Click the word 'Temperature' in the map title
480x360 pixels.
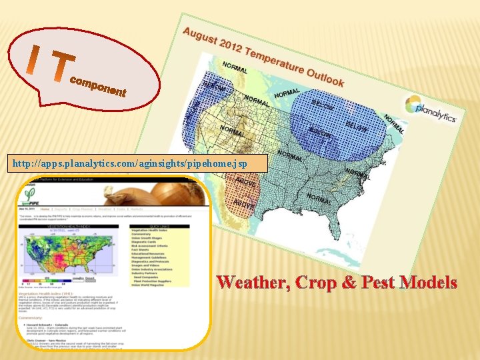coord(273,59)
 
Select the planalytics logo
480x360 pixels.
coord(430,109)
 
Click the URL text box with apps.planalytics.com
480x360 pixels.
coord(133,163)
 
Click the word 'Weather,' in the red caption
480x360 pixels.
coord(253,283)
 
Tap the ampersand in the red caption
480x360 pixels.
coord(353,283)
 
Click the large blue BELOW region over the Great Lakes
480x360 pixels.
coord(340,127)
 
